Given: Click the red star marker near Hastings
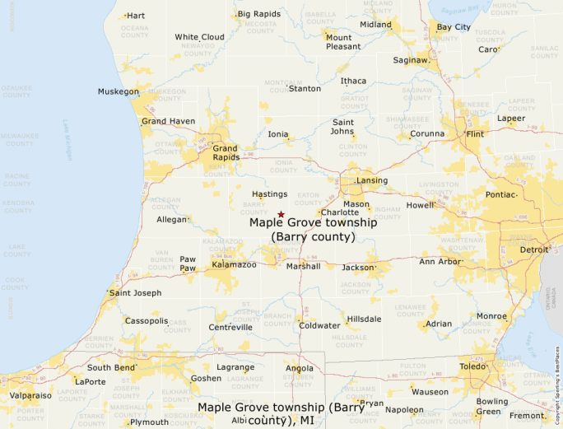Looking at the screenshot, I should (x=281, y=214).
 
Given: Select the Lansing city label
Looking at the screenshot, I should (x=371, y=180).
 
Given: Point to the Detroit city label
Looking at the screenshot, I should (x=534, y=249).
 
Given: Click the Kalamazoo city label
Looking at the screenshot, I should (x=235, y=264).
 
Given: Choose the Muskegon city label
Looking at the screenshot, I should (x=118, y=91).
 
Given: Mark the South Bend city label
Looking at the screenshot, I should (x=110, y=367).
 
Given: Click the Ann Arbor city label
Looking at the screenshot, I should (x=440, y=262).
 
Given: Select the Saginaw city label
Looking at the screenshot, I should (x=410, y=60).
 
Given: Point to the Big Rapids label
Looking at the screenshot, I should (x=258, y=14).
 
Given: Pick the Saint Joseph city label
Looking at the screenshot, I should (x=136, y=292).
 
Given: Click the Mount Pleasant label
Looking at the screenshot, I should (x=343, y=42).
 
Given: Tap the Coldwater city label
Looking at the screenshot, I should (x=319, y=325).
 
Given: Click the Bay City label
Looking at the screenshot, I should (x=454, y=27).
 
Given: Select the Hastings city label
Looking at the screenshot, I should (x=269, y=194).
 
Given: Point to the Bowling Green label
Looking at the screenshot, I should (x=492, y=406).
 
